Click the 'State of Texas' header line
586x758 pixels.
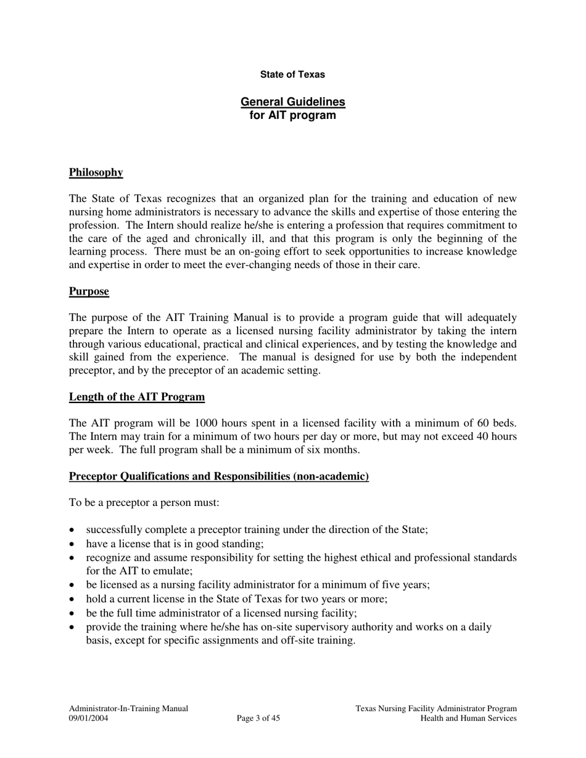point(292,75)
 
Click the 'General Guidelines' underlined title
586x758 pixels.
point(292,102)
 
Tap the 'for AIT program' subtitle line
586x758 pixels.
point(292,115)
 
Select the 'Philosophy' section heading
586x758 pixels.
point(96,173)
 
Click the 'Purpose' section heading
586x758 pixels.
point(89,291)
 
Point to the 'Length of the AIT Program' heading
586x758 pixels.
point(136,397)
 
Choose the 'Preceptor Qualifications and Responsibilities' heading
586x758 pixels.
point(218,476)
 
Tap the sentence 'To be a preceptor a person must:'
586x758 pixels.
point(144,503)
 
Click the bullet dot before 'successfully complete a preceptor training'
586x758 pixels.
point(73,530)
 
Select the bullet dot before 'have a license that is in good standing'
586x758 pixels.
point(73,544)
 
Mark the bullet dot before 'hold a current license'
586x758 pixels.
point(73,599)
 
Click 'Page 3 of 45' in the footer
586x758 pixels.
point(258,718)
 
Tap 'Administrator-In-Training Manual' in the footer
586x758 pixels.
point(128,709)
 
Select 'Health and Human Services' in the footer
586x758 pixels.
point(468,718)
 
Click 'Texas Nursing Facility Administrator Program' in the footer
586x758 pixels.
point(435,709)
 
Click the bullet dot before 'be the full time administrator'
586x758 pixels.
point(73,613)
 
